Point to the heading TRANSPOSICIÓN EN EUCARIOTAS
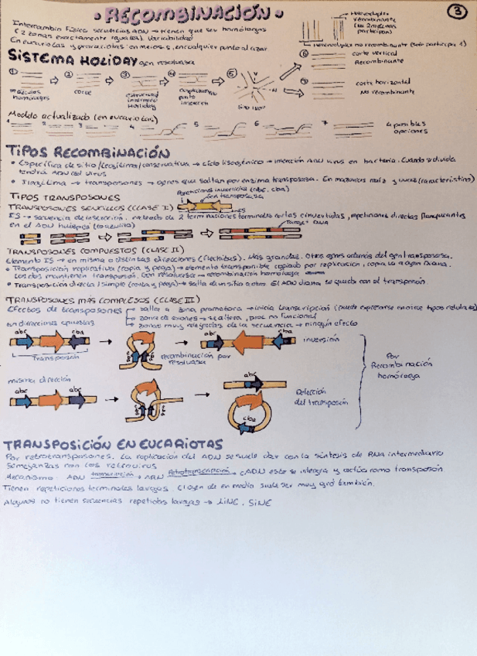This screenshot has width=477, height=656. coord(113,444)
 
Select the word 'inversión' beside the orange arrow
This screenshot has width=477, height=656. coord(324,340)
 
